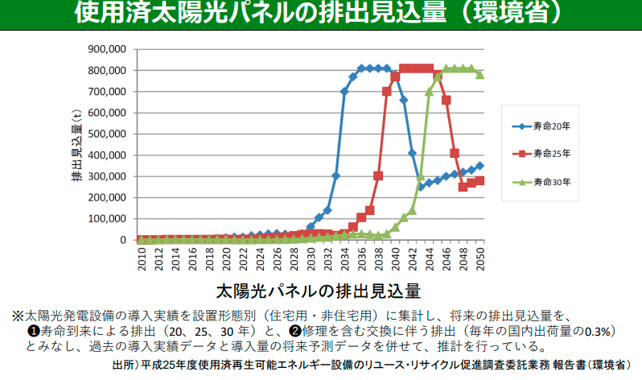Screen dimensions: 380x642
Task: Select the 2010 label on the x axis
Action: (x=141, y=258)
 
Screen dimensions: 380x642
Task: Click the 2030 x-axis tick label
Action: (x=311, y=258)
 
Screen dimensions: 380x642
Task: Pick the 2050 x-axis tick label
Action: (x=480, y=258)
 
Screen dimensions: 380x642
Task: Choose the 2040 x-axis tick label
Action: (x=396, y=258)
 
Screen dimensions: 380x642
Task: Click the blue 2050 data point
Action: (x=480, y=166)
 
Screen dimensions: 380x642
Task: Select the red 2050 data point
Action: (x=480, y=180)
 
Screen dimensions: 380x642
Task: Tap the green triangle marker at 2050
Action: (x=480, y=74)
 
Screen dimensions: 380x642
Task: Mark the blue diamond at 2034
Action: (x=344, y=91)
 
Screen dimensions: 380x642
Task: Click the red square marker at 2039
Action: (x=387, y=91)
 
